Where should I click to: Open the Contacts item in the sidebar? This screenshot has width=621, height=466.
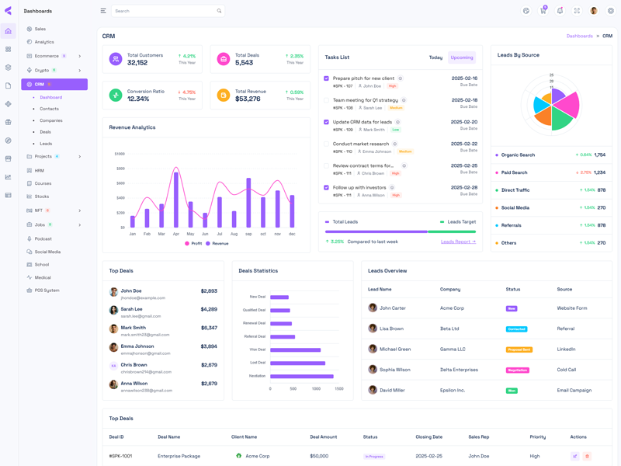pos(50,109)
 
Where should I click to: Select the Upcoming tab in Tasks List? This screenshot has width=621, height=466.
pos(462,57)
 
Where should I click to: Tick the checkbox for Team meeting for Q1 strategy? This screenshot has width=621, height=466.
pos(327,100)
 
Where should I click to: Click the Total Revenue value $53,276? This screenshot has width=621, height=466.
pos(248,99)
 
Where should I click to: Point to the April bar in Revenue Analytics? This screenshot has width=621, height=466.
pos(176,200)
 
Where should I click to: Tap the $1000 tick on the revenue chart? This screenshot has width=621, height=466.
pos(120,154)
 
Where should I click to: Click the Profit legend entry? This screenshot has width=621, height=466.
pos(193,244)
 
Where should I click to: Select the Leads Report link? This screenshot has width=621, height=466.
pos(458,242)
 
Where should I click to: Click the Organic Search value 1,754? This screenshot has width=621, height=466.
pos(600,155)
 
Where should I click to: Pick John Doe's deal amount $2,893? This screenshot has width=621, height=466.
pos(209,291)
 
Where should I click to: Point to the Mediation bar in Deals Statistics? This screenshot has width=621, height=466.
pos(302,376)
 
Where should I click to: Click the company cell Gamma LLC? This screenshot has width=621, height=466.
pos(453,349)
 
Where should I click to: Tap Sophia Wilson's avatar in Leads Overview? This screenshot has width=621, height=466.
pos(373,370)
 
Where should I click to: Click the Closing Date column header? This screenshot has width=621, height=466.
pos(428,437)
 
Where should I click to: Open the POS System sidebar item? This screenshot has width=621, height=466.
pos(47,290)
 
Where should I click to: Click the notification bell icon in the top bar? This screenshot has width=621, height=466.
pos(560,11)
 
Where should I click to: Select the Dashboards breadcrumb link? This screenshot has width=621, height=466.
pos(579,37)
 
